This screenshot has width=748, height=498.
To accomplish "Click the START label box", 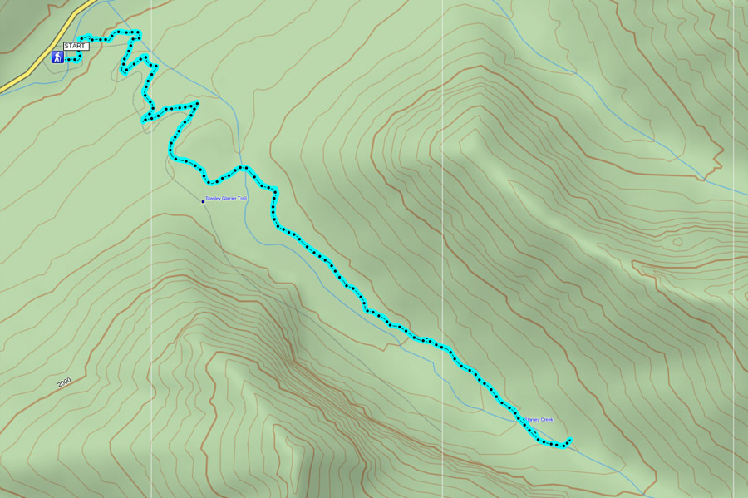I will (75, 47).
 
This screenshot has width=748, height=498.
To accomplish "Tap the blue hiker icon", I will (57, 57).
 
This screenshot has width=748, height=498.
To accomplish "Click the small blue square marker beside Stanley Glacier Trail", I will (203, 201).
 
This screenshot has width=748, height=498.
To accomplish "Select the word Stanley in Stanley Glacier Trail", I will (214, 199).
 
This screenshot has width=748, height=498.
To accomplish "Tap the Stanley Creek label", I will (539, 420).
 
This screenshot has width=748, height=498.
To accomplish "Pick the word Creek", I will (546, 420).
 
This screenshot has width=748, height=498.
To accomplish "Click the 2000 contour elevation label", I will (64, 382).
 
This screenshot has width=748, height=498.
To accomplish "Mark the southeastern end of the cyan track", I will (571, 440).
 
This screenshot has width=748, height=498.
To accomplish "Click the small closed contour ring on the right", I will (677, 242).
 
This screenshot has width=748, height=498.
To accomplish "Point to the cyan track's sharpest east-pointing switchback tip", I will (198, 103).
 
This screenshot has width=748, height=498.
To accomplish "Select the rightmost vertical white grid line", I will (735, 249).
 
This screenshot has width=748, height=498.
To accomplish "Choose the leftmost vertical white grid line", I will (151, 249).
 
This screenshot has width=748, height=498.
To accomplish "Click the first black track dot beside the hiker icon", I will (69, 61).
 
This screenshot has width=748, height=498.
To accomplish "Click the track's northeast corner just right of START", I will (139, 33).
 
